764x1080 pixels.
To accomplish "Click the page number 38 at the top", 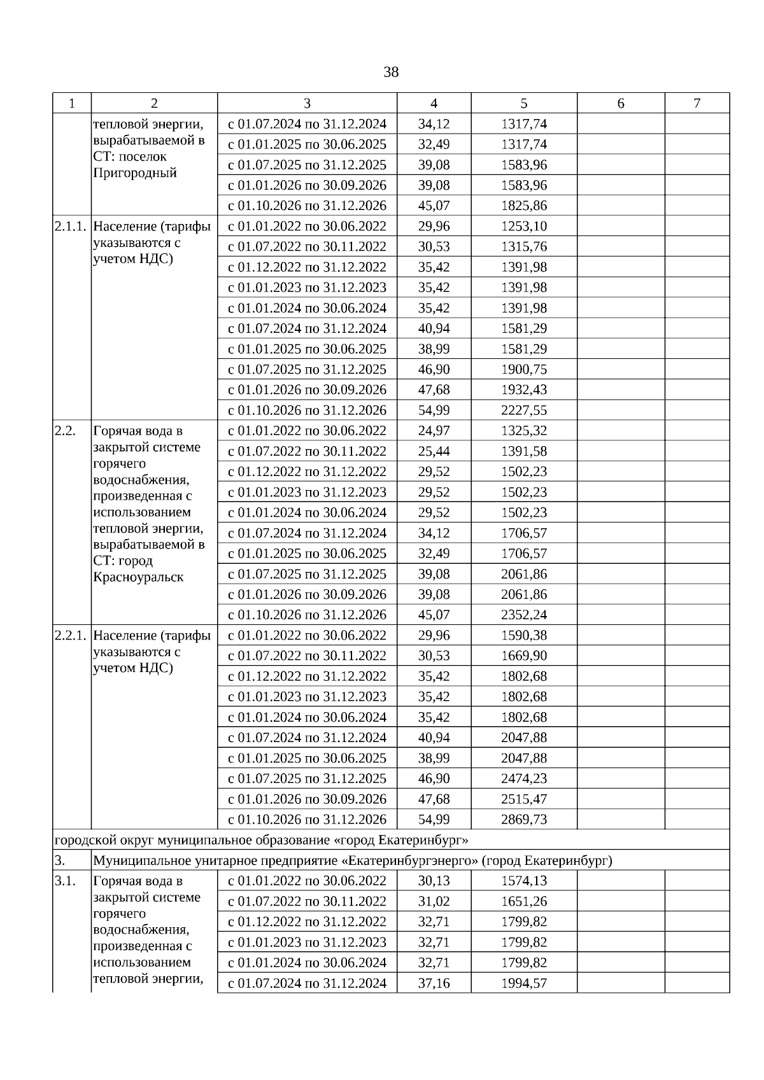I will click(391, 73).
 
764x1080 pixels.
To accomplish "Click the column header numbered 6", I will click(621, 104).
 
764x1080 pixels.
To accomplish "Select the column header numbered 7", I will click(697, 104).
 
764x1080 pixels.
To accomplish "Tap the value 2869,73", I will click(523, 820).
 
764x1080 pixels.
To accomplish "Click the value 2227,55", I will click(523, 410).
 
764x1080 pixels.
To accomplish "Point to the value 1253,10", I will click(523, 227).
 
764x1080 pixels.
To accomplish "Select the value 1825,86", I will click(523, 206).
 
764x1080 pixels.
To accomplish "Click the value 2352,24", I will click(523, 615).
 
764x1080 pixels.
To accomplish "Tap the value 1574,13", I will click(523, 881).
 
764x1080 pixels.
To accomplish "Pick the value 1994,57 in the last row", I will click(523, 983).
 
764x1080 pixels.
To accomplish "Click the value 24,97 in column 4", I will click(434, 431).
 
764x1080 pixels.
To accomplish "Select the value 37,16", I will click(434, 983).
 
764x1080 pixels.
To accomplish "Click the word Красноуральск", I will click(138, 578).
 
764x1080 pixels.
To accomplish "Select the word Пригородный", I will click(135, 173).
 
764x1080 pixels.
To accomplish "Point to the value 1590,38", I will click(523, 636).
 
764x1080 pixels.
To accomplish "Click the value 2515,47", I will click(523, 799).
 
